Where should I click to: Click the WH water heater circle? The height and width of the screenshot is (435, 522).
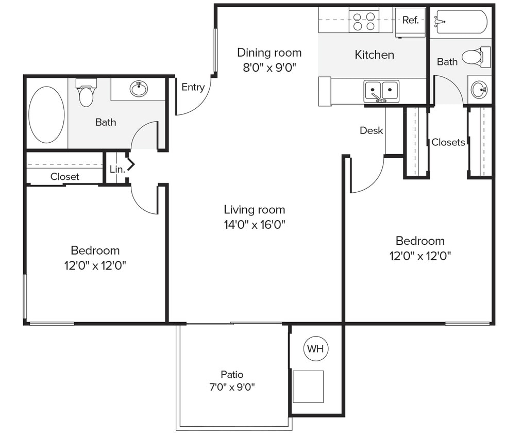(315, 349)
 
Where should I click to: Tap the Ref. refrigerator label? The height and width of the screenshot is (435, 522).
(410, 20)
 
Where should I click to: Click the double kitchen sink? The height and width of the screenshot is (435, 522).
(381, 91)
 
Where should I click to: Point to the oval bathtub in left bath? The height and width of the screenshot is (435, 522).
(46, 114)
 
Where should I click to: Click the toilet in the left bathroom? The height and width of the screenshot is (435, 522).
(86, 92)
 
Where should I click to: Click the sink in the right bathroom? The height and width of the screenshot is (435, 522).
(480, 90)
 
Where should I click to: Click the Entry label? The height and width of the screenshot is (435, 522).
(193, 87)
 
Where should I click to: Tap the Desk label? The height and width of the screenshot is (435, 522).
(371, 130)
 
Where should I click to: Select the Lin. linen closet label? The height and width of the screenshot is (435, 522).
(117, 169)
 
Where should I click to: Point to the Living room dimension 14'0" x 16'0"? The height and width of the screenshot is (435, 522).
(254, 224)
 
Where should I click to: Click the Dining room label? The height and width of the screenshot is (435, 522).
(269, 53)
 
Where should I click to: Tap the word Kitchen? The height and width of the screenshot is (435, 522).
(374, 55)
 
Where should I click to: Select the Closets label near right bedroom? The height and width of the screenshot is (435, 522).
(448, 142)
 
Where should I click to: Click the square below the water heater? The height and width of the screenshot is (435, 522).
(308, 387)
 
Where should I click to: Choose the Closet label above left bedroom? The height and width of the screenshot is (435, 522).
(65, 176)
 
